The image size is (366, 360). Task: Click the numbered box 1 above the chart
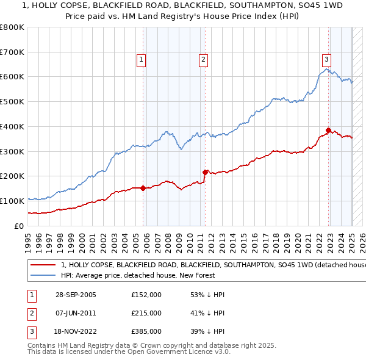point(141,59)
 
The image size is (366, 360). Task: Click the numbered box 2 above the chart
point(203,59)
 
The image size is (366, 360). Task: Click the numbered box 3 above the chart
point(327,59)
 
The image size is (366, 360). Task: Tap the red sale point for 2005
point(143,188)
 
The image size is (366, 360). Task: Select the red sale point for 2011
point(206,172)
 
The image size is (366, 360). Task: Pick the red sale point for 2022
point(329,130)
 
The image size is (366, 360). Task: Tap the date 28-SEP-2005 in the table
point(75,295)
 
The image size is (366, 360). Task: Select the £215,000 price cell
point(146,313)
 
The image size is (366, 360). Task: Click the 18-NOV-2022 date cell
point(76,332)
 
